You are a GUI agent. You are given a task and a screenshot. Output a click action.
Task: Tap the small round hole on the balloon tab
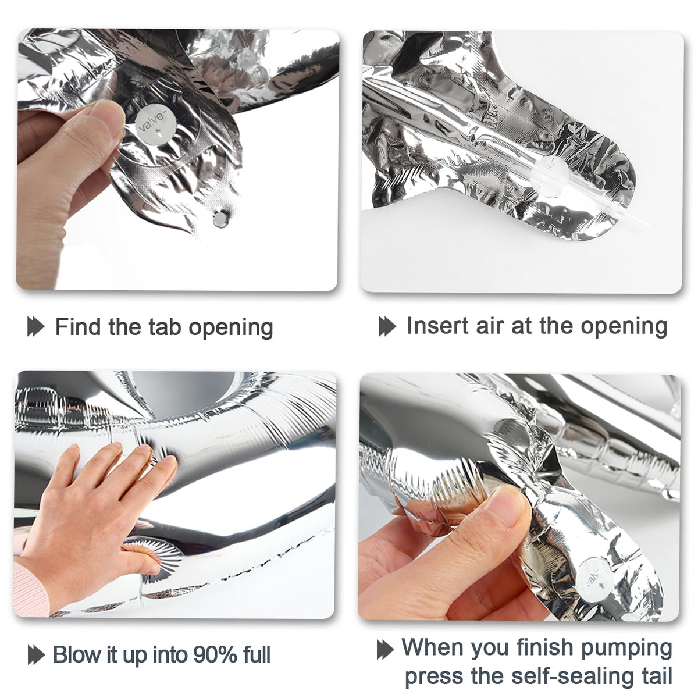[220, 219]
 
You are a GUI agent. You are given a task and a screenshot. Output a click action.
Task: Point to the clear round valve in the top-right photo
[550, 176]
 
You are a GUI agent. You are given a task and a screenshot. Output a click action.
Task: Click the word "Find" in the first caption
[77, 326]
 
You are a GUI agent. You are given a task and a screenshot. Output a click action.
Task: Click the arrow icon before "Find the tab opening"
[36, 326]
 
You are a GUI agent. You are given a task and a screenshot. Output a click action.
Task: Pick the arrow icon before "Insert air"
[387, 326]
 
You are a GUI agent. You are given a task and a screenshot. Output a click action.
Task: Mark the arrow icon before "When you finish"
[386, 650]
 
